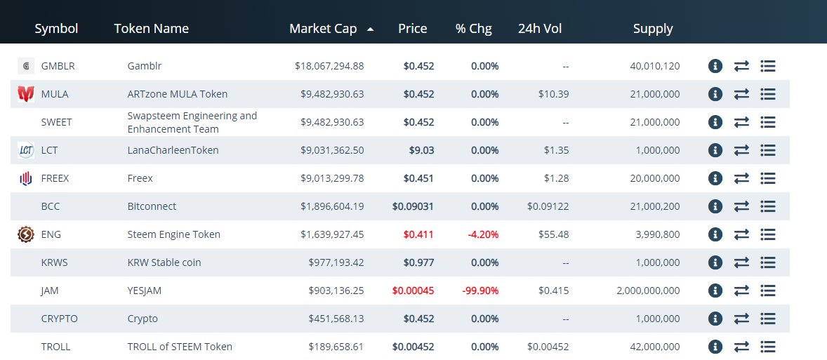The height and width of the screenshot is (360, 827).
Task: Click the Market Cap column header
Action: coord(323,29)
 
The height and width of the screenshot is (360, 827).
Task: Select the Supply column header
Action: coord(653,29)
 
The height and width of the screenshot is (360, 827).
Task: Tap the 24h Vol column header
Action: coord(540,29)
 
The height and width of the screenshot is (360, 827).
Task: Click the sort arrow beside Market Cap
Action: coord(370,29)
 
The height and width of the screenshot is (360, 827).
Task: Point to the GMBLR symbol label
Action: coord(58,66)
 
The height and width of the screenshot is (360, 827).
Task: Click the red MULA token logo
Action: coord(26,93)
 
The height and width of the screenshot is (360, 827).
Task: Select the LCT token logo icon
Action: coord(26,150)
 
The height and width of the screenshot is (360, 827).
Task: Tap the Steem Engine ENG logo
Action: coord(26,234)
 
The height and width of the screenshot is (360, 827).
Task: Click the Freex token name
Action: coord(140,178)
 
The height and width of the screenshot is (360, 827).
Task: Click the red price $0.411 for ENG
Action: coord(418,234)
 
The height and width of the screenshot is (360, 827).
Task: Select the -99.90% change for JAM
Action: coord(480,291)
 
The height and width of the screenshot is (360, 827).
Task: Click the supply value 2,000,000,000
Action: coord(648,291)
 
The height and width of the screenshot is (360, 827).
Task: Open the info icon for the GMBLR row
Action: coord(715,66)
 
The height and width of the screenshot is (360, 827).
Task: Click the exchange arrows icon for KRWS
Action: coord(741,262)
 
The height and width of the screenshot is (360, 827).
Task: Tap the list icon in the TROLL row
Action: coord(767,347)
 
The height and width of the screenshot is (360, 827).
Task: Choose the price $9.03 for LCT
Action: coord(422,150)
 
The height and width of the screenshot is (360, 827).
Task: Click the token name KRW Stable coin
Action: coord(164,262)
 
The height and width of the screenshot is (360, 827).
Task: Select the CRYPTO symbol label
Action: coord(60,319)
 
